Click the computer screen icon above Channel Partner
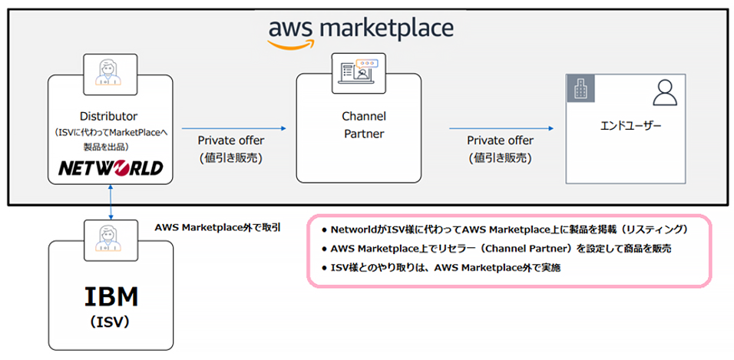358,71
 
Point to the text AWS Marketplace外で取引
218,227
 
